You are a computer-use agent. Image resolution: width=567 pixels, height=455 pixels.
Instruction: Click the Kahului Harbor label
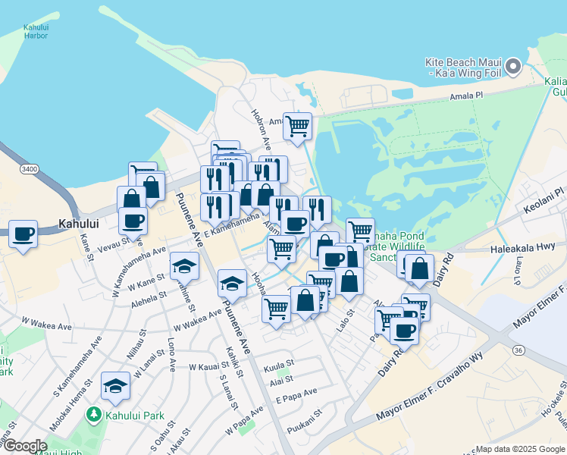click(36, 31)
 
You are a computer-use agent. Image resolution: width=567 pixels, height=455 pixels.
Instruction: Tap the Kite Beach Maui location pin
click(513, 67)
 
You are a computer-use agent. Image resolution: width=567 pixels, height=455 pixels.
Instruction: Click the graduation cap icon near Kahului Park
click(115, 388)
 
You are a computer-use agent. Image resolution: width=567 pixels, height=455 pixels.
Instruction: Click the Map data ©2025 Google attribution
click(519, 449)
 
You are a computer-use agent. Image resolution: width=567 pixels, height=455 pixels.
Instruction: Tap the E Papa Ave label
click(296, 397)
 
